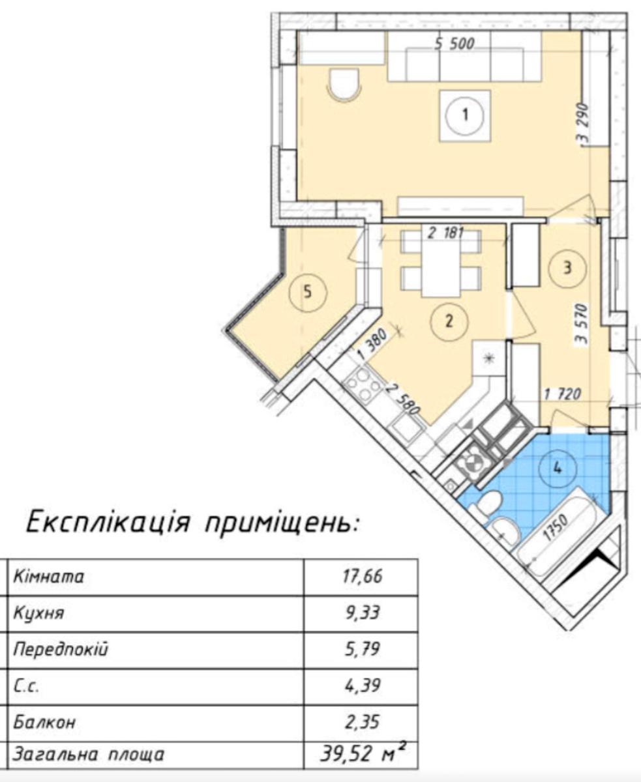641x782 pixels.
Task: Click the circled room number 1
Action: [x=464, y=115]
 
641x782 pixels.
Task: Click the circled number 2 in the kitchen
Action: [x=448, y=320]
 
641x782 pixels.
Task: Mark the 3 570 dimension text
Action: [x=582, y=323]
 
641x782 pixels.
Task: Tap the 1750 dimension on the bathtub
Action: [x=553, y=525]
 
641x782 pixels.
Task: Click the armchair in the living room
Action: [x=345, y=85]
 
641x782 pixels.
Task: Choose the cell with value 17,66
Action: [x=360, y=577]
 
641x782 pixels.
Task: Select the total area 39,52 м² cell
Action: [x=360, y=755]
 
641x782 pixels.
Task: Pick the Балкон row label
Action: [x=44, y=722]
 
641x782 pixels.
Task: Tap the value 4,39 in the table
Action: [x=360, y=686]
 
